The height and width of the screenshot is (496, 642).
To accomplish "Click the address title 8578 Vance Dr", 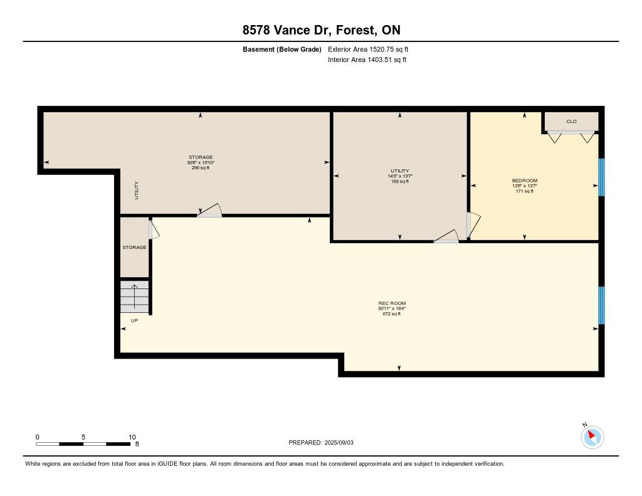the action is (x=287, y=30).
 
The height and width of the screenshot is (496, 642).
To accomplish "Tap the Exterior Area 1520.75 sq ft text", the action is (x=368, y=50).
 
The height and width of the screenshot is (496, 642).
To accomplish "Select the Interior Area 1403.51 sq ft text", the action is (x=367, y=60).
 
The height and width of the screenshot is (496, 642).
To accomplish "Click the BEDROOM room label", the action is (x=525, y=181).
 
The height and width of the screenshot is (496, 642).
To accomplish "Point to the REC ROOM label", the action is (x=392, y=303).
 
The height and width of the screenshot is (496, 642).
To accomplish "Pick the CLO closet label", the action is (x=572, y=122).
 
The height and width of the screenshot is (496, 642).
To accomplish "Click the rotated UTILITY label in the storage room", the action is (x=136, y=191).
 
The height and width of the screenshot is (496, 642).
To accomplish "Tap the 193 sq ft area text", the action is (x=399, y=181).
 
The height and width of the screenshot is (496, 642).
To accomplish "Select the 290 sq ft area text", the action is (x=201, y=167).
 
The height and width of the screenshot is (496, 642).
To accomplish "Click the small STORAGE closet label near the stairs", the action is (x=134, y=248).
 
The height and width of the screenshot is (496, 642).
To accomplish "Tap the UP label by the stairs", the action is (x=134, y=320).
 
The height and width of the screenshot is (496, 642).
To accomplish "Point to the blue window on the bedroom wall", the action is (x=601, y=177).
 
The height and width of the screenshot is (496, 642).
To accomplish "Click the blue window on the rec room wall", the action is (x=601, y=305).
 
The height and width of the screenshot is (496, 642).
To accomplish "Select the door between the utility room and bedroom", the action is (x=473, y=225).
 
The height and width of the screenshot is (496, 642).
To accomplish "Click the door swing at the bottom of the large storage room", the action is (x=209, y=210).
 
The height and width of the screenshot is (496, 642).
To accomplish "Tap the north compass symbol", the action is (x=592, y=436).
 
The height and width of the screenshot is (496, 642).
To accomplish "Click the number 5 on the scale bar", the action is (x=83, y=437).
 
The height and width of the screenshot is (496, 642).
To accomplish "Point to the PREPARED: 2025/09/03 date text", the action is (x=321, y=443).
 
